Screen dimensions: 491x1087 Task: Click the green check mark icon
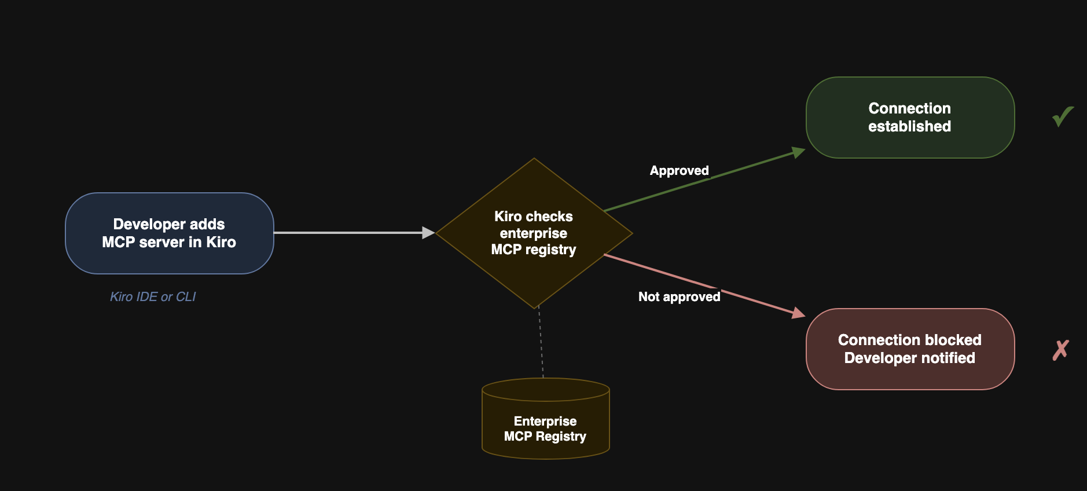click(x=1062, y=117)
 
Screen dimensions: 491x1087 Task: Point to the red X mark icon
click(x=1060, y=350)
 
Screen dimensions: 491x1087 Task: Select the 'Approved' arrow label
click(x=679, y=171)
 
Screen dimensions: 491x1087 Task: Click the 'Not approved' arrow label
click(x=679, y=297)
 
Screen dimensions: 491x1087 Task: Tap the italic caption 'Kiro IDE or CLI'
click(x=153, y=297)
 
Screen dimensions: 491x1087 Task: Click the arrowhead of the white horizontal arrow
click(x=428, y=233)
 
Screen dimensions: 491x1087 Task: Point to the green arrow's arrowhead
click(x=799, y=152)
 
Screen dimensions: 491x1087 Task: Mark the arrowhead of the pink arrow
click(x=799, y=313)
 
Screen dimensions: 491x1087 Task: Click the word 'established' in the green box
click(x=909, y=127)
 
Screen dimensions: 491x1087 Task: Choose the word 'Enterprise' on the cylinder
click(x=545, y=422)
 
